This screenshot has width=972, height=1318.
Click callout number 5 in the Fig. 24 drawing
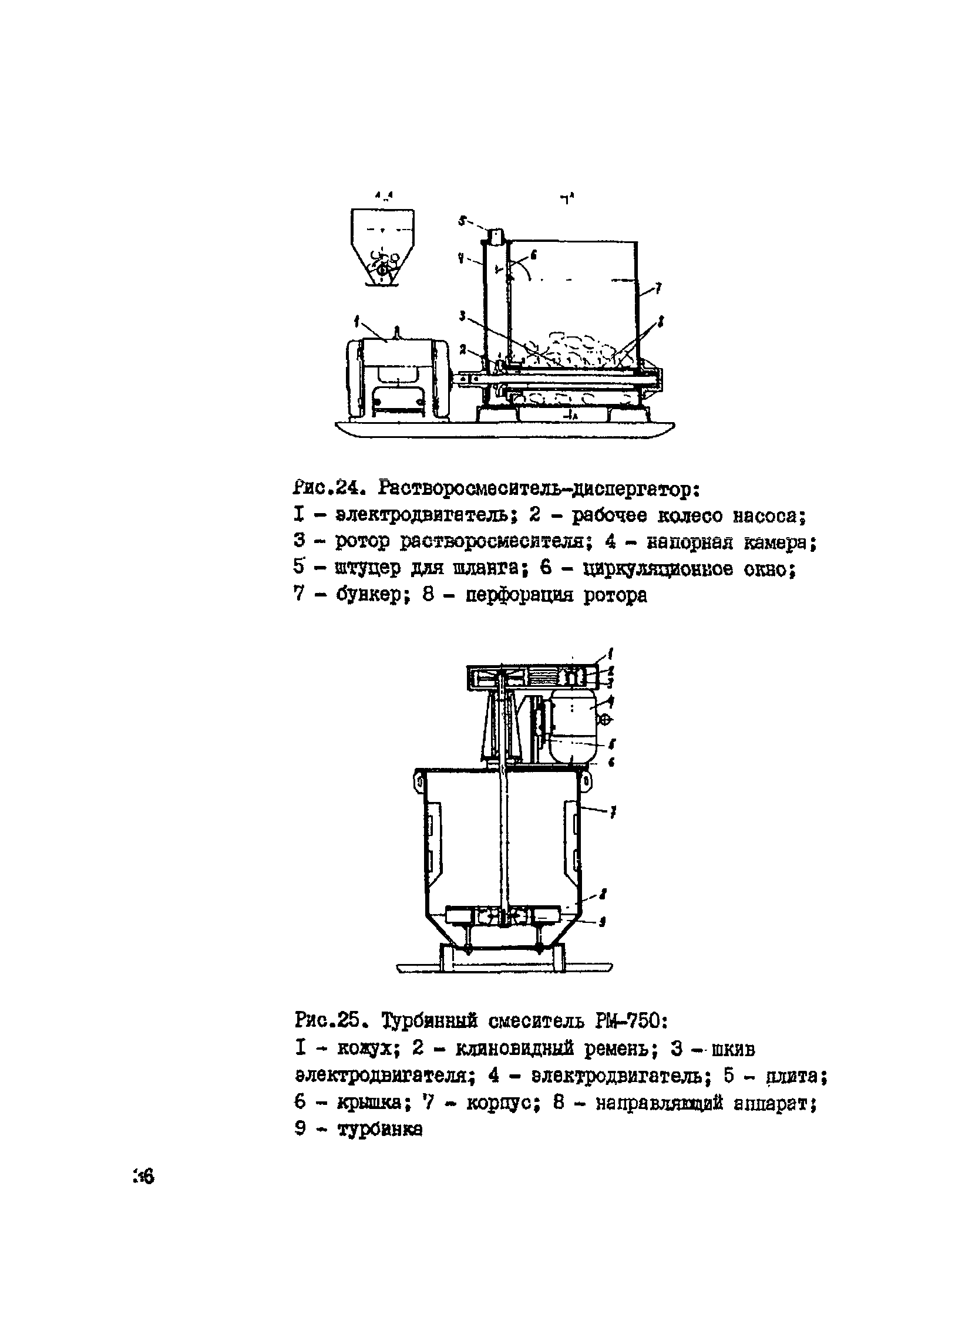coord(462,221)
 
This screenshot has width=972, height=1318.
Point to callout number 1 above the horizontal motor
coord(357,321)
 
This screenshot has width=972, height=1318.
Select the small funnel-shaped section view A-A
coord(382,248)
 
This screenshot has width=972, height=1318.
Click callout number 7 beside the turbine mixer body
coord(613,813)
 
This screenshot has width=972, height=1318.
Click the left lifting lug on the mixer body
coord(418,780)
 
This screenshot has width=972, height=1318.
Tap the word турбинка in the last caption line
coord(379,1130)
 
